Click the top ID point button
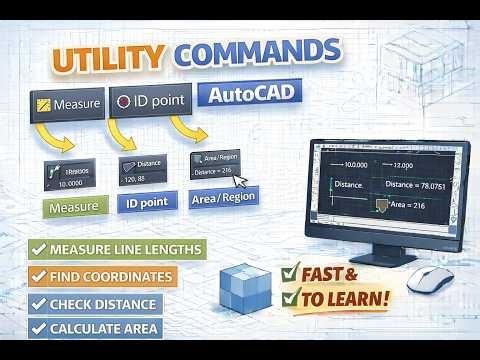(149, 103)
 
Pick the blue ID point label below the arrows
(146, 204)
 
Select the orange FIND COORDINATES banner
(102, 276)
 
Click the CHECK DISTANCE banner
(95, 303)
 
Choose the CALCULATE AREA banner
(96, 328)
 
